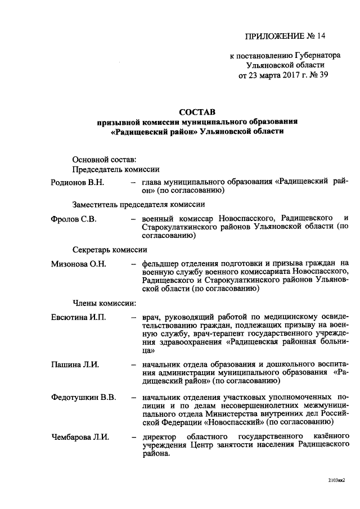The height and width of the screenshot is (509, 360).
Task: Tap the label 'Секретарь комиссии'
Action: pos(110,250)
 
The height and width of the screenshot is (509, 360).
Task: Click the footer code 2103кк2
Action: pos(335,481)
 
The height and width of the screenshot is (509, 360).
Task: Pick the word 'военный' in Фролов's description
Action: pos(157,219)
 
